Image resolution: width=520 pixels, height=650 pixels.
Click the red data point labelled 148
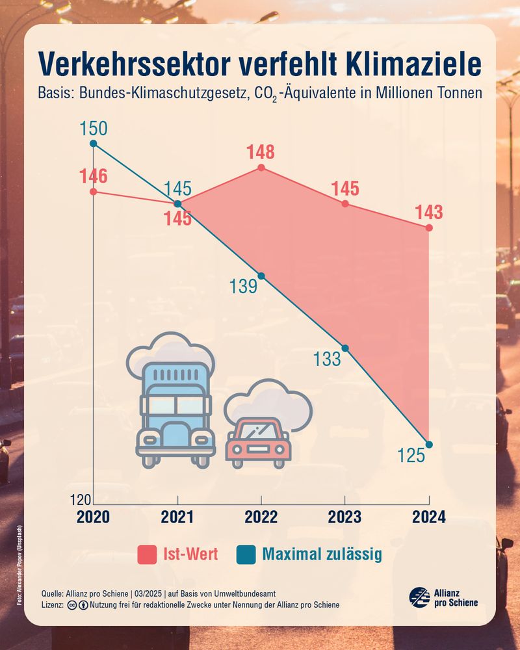pos(261,168)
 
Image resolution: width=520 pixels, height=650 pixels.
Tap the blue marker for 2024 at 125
pos(429,445)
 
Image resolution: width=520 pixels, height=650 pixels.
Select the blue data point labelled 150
pos(94,144)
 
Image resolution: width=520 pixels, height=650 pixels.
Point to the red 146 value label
pos(94,176)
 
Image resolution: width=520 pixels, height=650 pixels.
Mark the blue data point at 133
pos(345,348)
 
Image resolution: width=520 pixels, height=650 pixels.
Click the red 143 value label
pos(429,213)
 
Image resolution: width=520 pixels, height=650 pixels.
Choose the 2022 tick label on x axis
pos(261,517)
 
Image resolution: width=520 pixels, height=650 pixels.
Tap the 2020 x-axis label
pos(94,517)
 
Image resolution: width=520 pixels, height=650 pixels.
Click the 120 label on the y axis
pos(81,500)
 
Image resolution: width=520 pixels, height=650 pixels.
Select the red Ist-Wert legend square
pos(148,555)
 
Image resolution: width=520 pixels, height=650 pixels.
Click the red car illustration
pos(257,442)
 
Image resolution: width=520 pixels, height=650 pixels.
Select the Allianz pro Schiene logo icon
pos(419,597)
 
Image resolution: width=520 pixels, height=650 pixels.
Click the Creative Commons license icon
pos(71,605)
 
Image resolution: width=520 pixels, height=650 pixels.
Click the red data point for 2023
pos(345,203)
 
